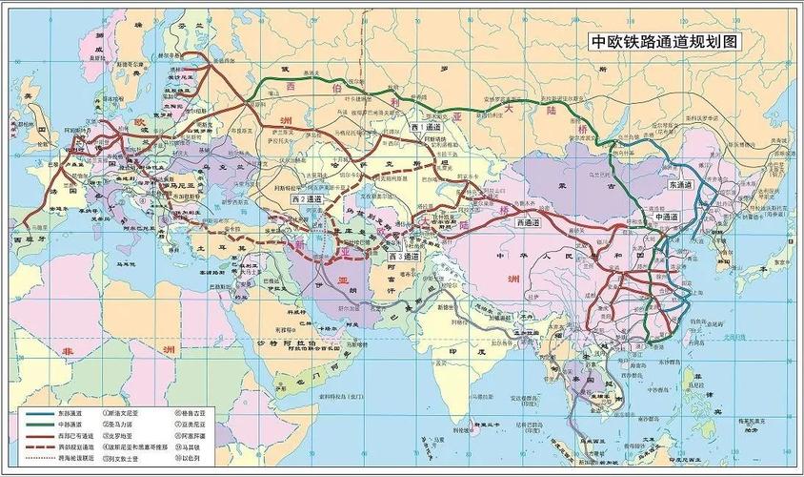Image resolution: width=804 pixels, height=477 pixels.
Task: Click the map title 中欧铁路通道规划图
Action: pyautogui.click(x=664, y=42)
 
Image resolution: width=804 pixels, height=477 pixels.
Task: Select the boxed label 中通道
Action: pyautogui.click(x=665, y=218)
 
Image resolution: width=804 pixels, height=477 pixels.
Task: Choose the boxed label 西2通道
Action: pyautogui.click(x=308, y=200)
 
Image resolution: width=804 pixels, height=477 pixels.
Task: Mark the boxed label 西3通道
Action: pyautogui.click(x=404, y=257)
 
